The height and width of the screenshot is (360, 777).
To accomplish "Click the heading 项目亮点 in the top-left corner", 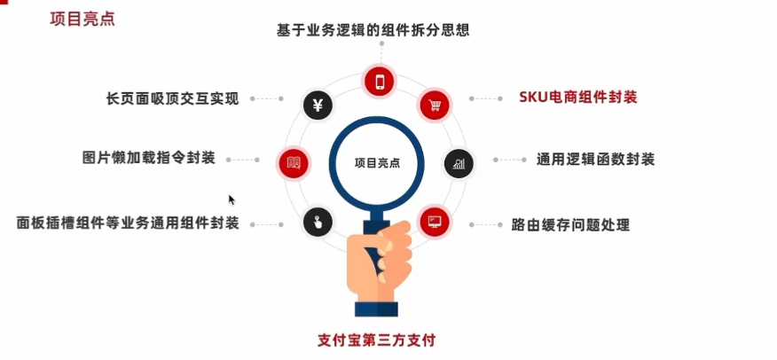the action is [x=82, y=18].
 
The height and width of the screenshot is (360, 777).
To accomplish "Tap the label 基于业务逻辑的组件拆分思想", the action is [x=372, y=29].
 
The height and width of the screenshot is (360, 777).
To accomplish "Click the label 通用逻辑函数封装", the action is [x=596, y=160].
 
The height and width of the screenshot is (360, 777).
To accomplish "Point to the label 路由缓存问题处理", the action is [x=570, y=225].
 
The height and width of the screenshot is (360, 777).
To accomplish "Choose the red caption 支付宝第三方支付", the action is [x=377, y=340].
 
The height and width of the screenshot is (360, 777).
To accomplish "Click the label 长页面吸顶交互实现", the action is [x=172, y=98].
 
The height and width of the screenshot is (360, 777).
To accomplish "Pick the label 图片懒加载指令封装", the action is [x=149, y=160].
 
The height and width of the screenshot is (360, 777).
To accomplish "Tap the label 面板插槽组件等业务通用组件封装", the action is [x=128, y=223].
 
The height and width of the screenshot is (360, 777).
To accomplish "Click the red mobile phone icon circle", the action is [x=380, y=82].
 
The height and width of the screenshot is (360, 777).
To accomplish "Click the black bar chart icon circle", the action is [x=459, y=162].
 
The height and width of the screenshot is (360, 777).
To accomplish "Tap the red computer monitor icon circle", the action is [x=435, y=220].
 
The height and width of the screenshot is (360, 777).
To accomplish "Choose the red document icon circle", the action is [x=294, y=162].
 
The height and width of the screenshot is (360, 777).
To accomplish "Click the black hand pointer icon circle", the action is [x=318, y=221].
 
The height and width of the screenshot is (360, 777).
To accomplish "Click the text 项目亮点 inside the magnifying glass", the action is [x=377, y=163].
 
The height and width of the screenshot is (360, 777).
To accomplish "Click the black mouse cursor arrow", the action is [x=232, y=200].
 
